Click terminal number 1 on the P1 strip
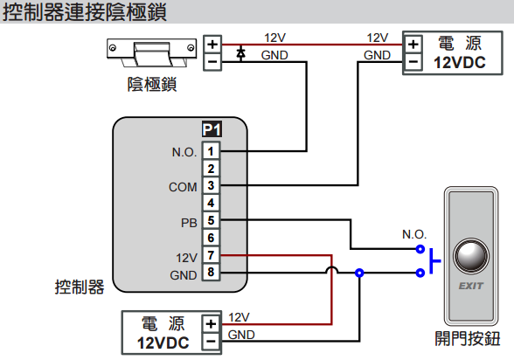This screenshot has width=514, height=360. tap(211, 151)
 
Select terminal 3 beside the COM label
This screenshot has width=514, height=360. tap(211, 185)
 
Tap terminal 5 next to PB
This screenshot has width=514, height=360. tap(211, 220)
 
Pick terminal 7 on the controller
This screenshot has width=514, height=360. tap(211, 255)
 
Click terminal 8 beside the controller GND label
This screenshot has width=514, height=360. tap(211, 272)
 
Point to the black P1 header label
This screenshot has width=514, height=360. tap(212, 129)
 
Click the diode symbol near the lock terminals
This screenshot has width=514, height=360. tap(241, 53)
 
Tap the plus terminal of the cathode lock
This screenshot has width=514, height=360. tap(212, 44)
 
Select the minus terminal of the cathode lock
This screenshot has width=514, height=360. tap(212, 61)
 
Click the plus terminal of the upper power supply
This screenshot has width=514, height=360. tap(413, 45)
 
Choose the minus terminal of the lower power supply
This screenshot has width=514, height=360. tap(211, 342)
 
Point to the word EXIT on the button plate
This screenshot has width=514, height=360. tap(470, 286)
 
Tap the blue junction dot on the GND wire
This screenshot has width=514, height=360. tap(359, 273)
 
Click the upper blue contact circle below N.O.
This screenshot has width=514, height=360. tap(420, 249)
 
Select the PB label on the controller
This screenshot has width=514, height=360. tap(189, 223)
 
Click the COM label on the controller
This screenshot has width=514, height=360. tap(183, 187)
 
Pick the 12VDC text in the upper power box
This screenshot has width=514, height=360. tap(460, 63)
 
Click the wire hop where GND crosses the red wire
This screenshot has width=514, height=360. tap(332, 270)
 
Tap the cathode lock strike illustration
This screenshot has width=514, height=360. tap(152, 52)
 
